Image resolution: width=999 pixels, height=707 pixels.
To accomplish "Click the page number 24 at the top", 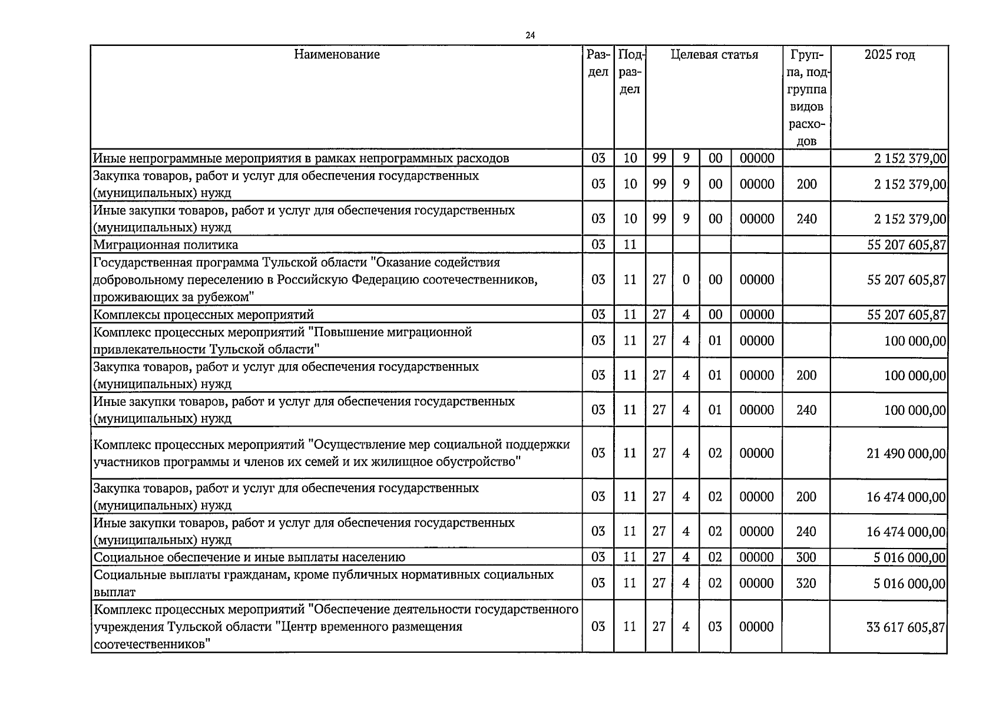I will [530, 36].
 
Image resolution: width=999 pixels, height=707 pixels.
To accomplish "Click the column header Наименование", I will [337, 55].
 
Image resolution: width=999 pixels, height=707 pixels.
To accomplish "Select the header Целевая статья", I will [714, 55].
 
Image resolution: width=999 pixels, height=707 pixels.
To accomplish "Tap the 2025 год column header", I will [889, 55].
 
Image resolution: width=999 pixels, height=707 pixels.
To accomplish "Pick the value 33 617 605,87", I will [905, 627].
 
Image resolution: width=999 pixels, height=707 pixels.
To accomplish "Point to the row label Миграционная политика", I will [166, 245].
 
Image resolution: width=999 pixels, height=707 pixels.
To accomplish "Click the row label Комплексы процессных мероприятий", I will [204, 315].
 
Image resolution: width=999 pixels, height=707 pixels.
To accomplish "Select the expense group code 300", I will [806, 557].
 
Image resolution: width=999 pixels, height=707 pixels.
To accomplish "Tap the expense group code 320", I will [806, 583].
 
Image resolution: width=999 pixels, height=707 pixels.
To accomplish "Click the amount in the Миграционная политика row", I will [907, 245].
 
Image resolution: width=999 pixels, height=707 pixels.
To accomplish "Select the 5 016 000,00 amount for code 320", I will [909, 583].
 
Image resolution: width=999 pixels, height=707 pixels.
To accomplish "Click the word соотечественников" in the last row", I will [153, 645].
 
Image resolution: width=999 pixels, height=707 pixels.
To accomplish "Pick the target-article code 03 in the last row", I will [714, 627].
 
